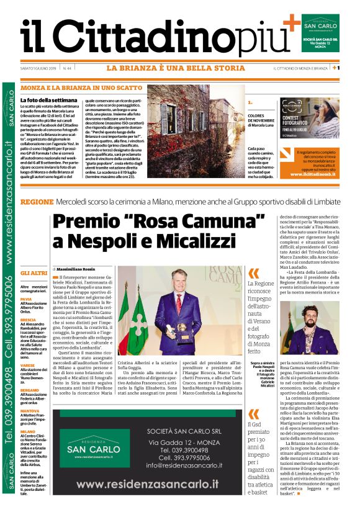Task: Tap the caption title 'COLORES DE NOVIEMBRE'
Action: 264,118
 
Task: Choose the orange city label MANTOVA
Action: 29,410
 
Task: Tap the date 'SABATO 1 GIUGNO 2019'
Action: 38,68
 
